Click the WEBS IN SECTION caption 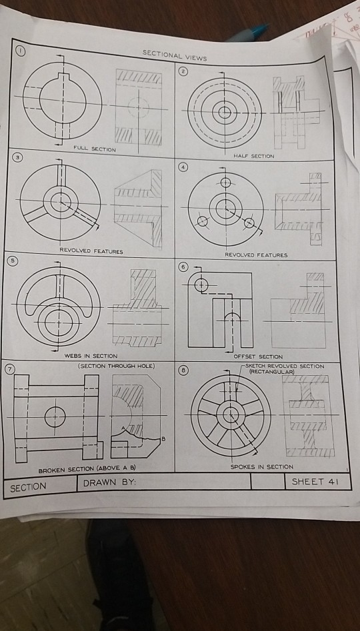coord(91,356)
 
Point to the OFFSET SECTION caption coord(258,356)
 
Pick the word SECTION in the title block coord(28,487)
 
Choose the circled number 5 coord(11,260)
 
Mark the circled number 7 coord(10,369)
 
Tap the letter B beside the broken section coord(161,438)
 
